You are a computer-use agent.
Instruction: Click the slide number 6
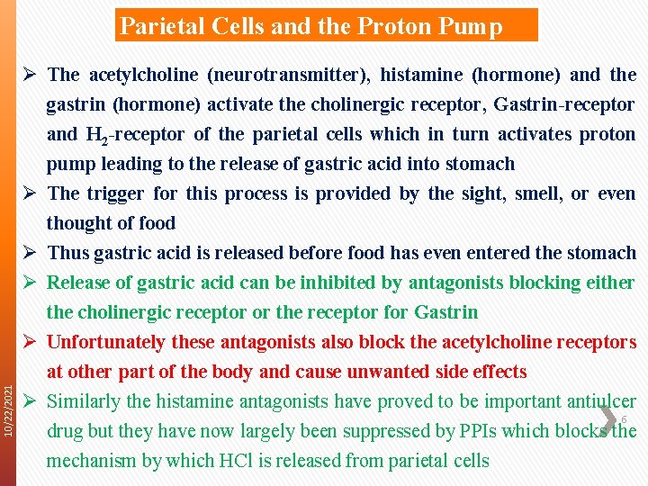(624, 419)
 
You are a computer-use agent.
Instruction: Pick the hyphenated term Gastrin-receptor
(564, 104)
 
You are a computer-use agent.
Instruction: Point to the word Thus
(67, 253)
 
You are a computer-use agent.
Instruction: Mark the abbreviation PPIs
(478, 431)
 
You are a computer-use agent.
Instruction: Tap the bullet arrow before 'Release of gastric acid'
(30, 283)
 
